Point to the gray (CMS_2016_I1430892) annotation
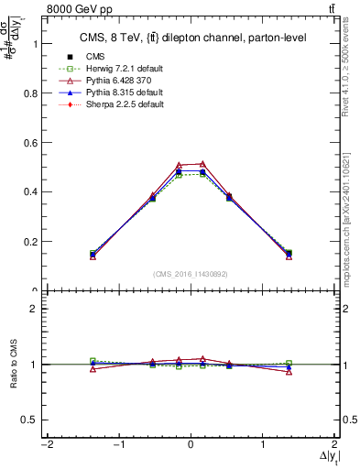(x=191, y=274)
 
